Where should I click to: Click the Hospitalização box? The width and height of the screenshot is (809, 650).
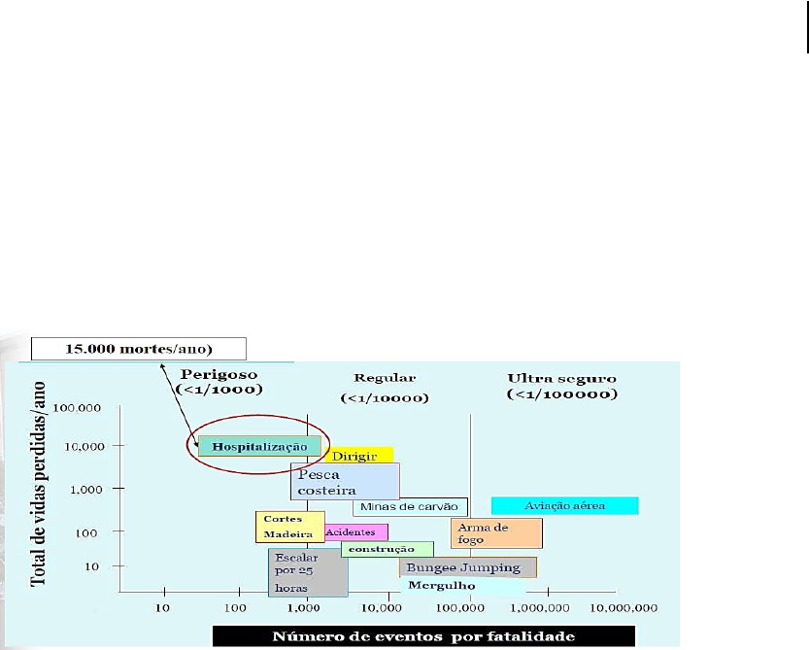pos(259,446)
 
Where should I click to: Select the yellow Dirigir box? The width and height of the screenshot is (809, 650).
pos(359,455)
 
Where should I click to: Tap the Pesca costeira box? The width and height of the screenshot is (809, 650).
pos(345,482)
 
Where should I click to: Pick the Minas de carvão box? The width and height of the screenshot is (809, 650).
pos(410,506)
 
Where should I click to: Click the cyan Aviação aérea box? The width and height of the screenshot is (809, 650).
pos(565,506)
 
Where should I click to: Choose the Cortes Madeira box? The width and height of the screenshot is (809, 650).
pos(290,527)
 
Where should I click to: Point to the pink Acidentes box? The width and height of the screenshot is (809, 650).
pos(356,531)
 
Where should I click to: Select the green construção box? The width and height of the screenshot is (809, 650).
pos(387,549)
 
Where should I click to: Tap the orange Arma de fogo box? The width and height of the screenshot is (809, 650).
pos(496,533)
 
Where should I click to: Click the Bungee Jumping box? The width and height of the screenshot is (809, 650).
pos(467,567)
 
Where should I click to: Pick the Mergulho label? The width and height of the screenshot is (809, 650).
pos(442,586)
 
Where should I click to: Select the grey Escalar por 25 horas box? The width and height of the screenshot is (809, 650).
pos(308,572)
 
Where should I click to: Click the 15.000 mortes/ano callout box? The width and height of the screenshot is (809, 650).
pos(139,349)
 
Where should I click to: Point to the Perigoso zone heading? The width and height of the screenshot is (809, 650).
pos(219,382)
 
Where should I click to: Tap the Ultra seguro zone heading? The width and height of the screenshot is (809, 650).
pos(562,386)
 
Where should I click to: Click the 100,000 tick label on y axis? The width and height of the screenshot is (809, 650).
pos(77,408)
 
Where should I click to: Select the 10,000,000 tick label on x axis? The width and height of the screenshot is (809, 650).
pos(624,608)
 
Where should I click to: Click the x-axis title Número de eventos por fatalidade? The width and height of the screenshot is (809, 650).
pos(423,636)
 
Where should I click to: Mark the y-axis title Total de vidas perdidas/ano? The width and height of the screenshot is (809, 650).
pos(38,484)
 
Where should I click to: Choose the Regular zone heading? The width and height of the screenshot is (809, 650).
pos(385,388)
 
